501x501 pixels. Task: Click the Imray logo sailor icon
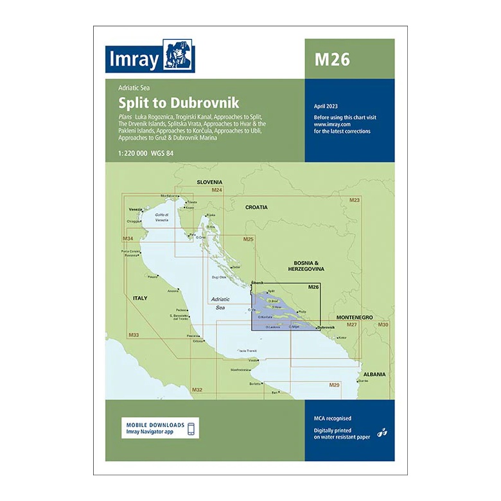tap(179, 57)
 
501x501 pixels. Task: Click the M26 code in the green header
tap(332, 59)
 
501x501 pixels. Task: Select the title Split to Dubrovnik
tap(179, 102)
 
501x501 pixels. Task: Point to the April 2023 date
tap(326, 106)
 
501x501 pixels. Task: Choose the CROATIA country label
tap(256, 207)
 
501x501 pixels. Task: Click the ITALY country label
tap(139, 298)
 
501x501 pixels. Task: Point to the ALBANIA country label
tap(374, 373)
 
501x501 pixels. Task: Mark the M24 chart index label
tap(216, 190)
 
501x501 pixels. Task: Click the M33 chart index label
tap(134, 335)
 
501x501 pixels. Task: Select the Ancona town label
tap(173, 292)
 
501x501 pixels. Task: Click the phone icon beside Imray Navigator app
tap(190, 428)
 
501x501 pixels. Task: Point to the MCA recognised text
tap(333, 418)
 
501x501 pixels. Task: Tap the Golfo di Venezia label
tap(161, 217)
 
